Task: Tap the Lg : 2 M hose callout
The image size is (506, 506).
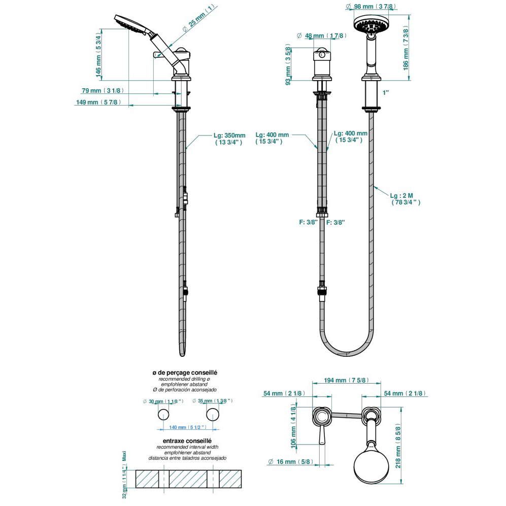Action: point(404,198)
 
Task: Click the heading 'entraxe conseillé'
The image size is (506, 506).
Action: point(187,441)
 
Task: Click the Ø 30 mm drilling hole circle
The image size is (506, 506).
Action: point(164,415)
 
